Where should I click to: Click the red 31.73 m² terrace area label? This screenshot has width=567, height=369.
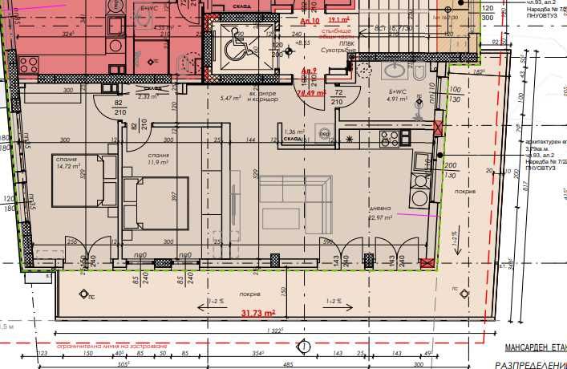(x=258, y=313)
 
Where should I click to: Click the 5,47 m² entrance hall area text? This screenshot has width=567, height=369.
(x=231, y=98)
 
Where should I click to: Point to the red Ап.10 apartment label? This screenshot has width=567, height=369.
(x=310, y=19)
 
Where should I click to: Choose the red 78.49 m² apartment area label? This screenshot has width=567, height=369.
(x=310, y=92)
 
